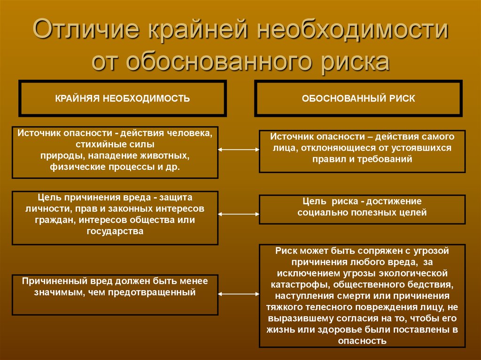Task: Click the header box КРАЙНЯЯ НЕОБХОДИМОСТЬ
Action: pyautogui.click(x=123, y=99)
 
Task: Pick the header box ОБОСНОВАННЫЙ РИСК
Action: pyautogui.click(x=358, y=99)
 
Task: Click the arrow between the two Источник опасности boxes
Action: pyautogui.click(x=239, y=150)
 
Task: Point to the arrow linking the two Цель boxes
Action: pyautogui.click(x=239, y=214)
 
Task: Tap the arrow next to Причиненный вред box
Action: pyautogui.click(x=239, y=294)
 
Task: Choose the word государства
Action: pyautogui.click(x=115, y=231)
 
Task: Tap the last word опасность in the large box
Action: pyautogui.click(x=362, y=341)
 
